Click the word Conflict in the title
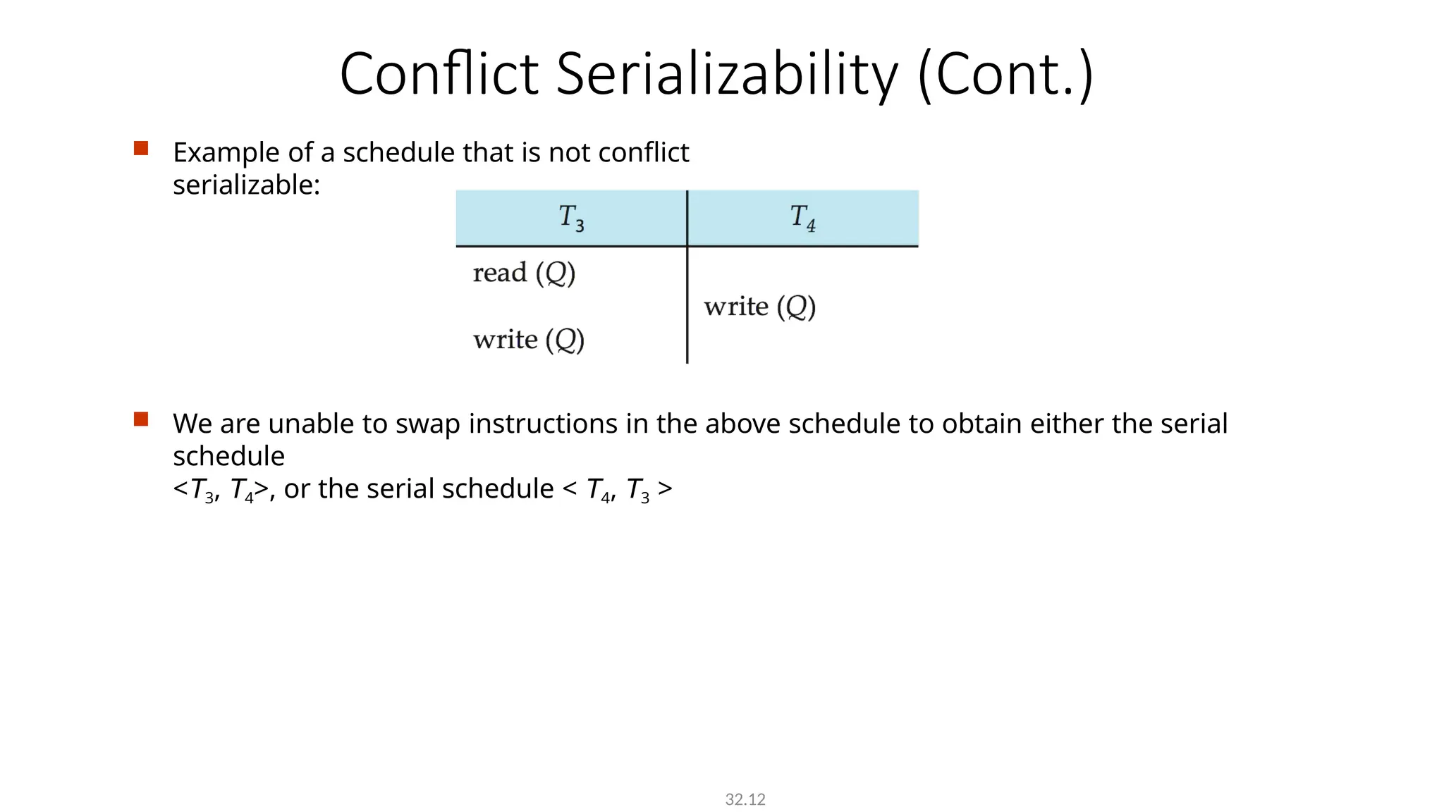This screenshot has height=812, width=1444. click(x=439, y=74)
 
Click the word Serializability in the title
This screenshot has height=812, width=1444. click(x=727, y=74)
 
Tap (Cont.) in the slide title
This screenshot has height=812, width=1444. click(x=1005, y=74)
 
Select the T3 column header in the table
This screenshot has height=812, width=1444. click(x=571, y=218)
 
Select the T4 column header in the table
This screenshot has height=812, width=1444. click(x=802, y=218)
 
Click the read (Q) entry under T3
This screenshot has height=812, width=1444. click(x=524, y=273)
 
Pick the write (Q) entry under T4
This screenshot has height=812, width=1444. click(x=759, y=307)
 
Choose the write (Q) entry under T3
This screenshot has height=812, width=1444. click(x=529, y=340)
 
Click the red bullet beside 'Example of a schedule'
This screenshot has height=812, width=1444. click(x=141, y=148)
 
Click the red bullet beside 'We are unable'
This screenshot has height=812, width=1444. click(x=141, y=419)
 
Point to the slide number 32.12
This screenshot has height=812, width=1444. click(x=745, y=799)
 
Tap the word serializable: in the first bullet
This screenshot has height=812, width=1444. click(x=246, y=185)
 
